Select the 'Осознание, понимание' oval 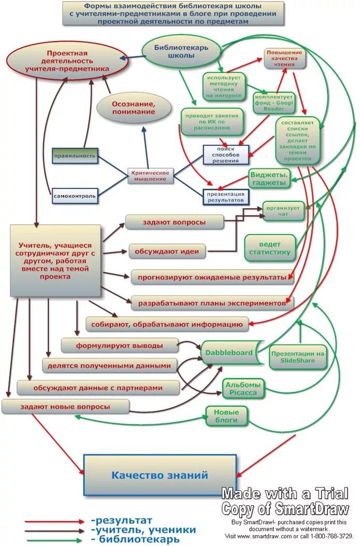(x=134, y=108)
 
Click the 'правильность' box (x=75, y=155)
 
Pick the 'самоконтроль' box (x=75, y=196)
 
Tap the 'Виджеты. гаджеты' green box (x=269, y=179)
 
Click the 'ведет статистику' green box (x=270, y=248)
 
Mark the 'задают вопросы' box (x=174, y=223)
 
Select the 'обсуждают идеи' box (x=167, y=252)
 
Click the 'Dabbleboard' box (x=228, y=353)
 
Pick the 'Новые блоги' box (x=227, y=416)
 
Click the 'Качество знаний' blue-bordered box (x=160, y=475)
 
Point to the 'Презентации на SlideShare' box (x=298, y=357)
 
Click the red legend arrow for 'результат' (x=54, y=521)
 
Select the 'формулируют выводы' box (x=119, y=345)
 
